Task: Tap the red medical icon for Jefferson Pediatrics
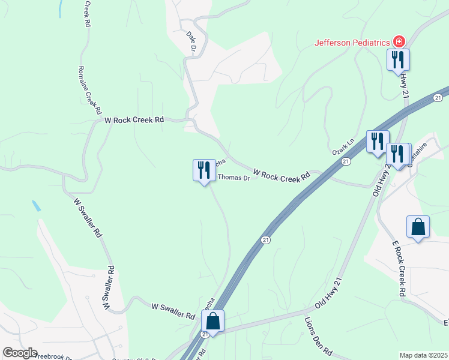[x=399, y=42]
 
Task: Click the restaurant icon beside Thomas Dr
[x=204, y=170]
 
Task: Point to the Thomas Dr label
[x=233, y=178]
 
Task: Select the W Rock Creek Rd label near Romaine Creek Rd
[x=134, y=120]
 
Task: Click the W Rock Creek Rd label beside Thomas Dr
[x=281, y=175]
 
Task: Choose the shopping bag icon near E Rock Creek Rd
[x=418, y=227]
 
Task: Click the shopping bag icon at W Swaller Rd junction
[x=212, y=321]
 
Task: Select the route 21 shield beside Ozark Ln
[x=346, y=162]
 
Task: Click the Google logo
[x=19, y=353]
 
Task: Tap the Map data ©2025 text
[x=423, y=355]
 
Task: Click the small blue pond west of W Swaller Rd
[x=37, y=205]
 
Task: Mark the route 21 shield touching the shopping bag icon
[x=205, y=334]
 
